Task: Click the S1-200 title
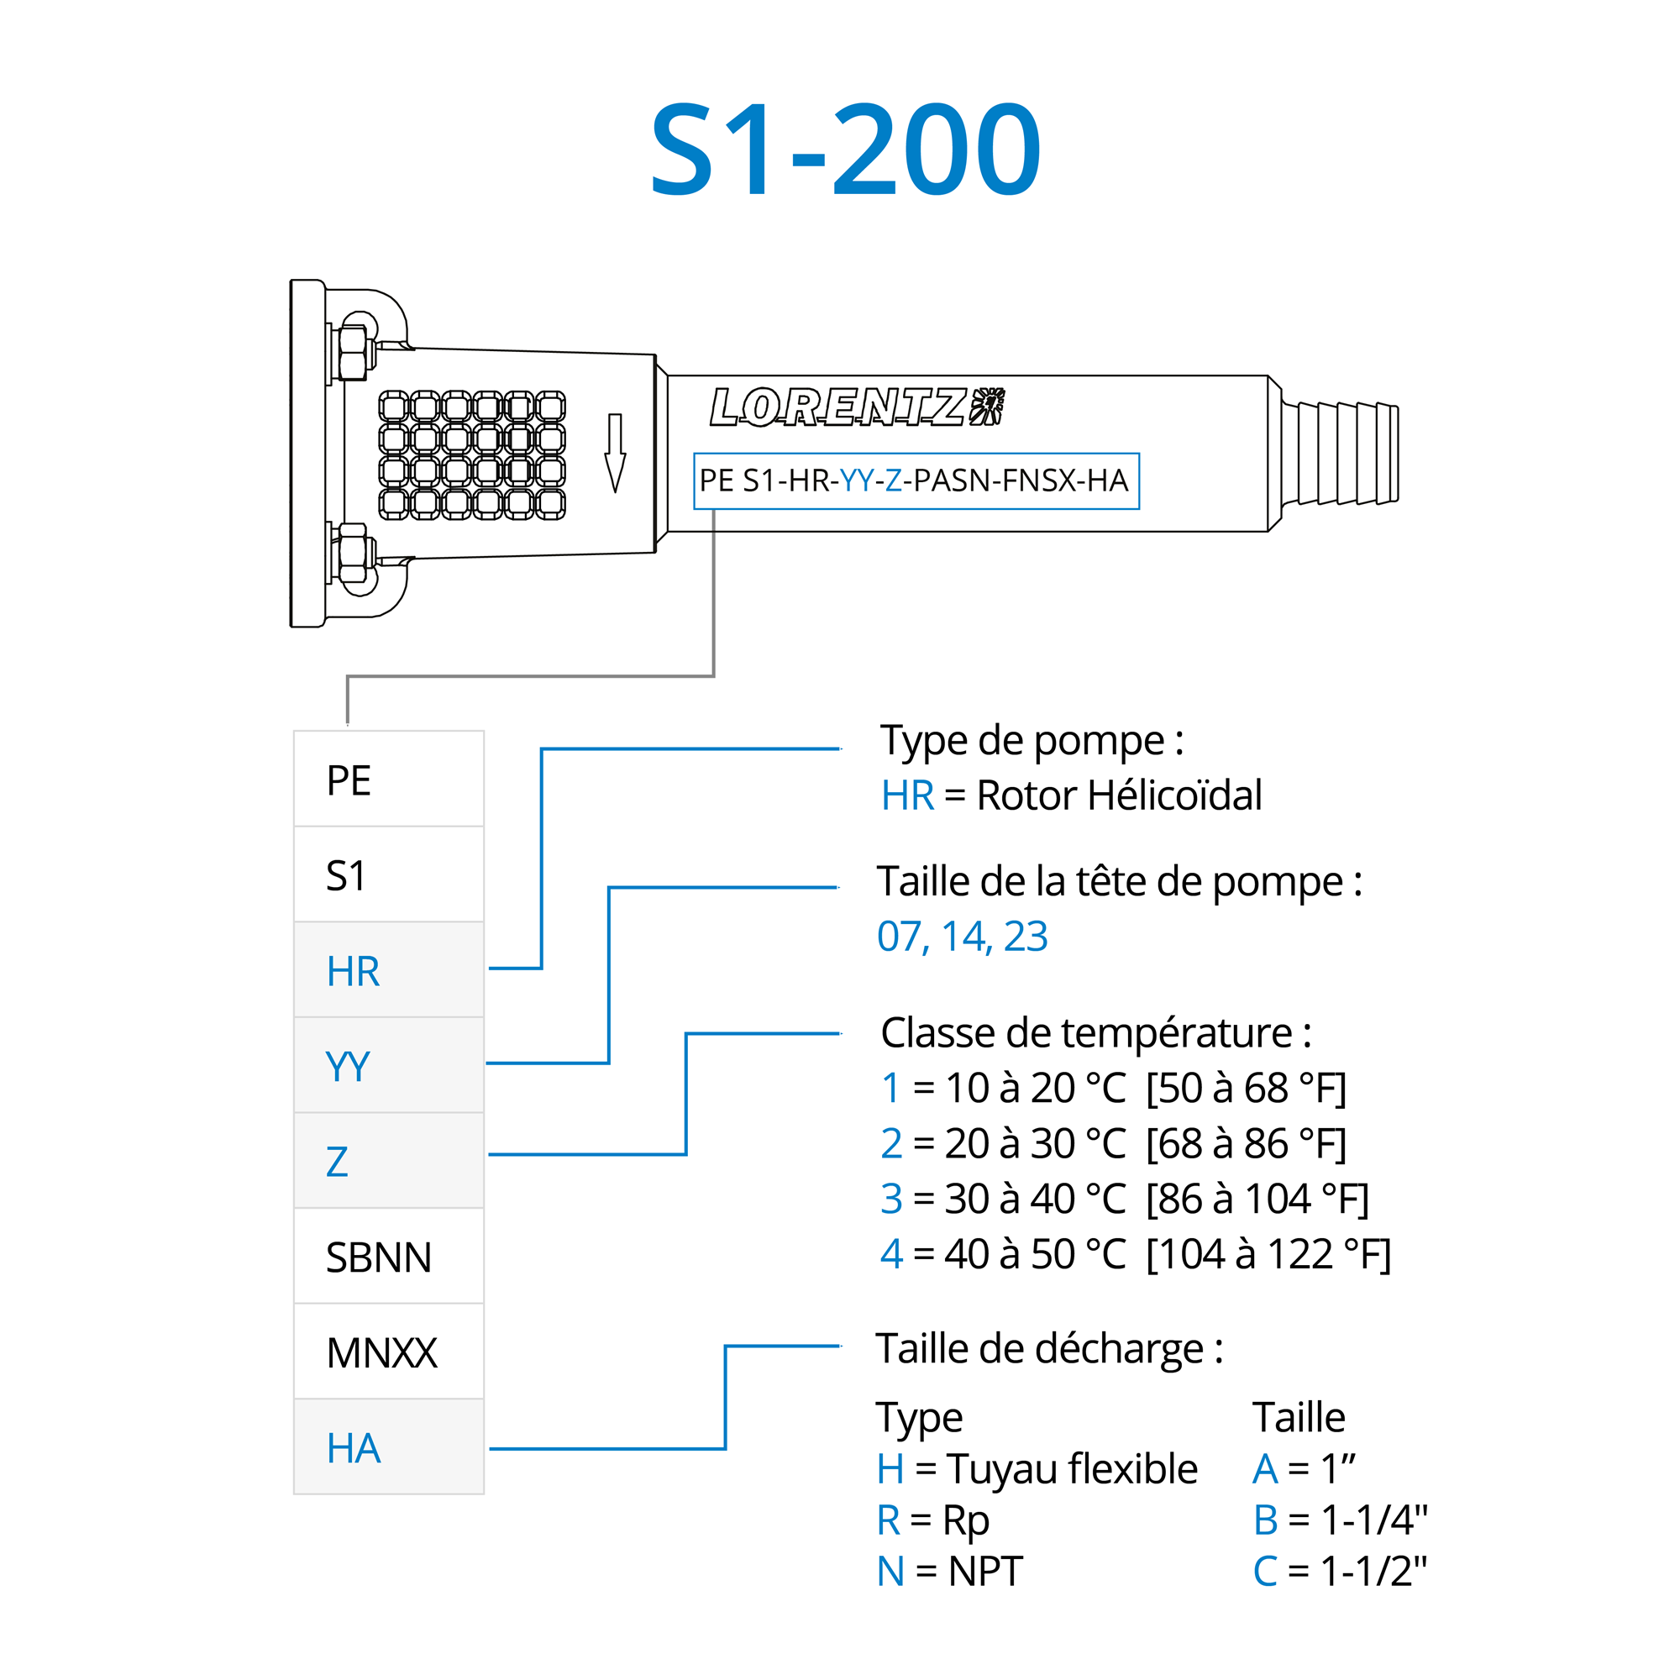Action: pos(845,149)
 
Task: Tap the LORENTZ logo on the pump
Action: pos(856,407)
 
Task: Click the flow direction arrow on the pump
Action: pos(615,453)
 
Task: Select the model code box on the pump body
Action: pos(916,480)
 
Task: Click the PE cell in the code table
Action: pos(388,780)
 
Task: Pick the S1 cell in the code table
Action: pos(388,874)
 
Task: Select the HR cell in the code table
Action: pos(388,970)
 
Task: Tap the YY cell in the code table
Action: pos(388,1066)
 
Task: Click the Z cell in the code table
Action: pos(388,1162)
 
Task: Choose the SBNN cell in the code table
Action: pos(388,1257)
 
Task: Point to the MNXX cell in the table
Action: pos(388,1353)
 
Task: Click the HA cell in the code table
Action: pos(388,1449)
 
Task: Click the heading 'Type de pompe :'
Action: pos(1032,741)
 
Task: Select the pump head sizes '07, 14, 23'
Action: pos(962,937)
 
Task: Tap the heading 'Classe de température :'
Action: pos(1095,1033)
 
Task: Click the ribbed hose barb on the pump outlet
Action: pos(1339,453)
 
